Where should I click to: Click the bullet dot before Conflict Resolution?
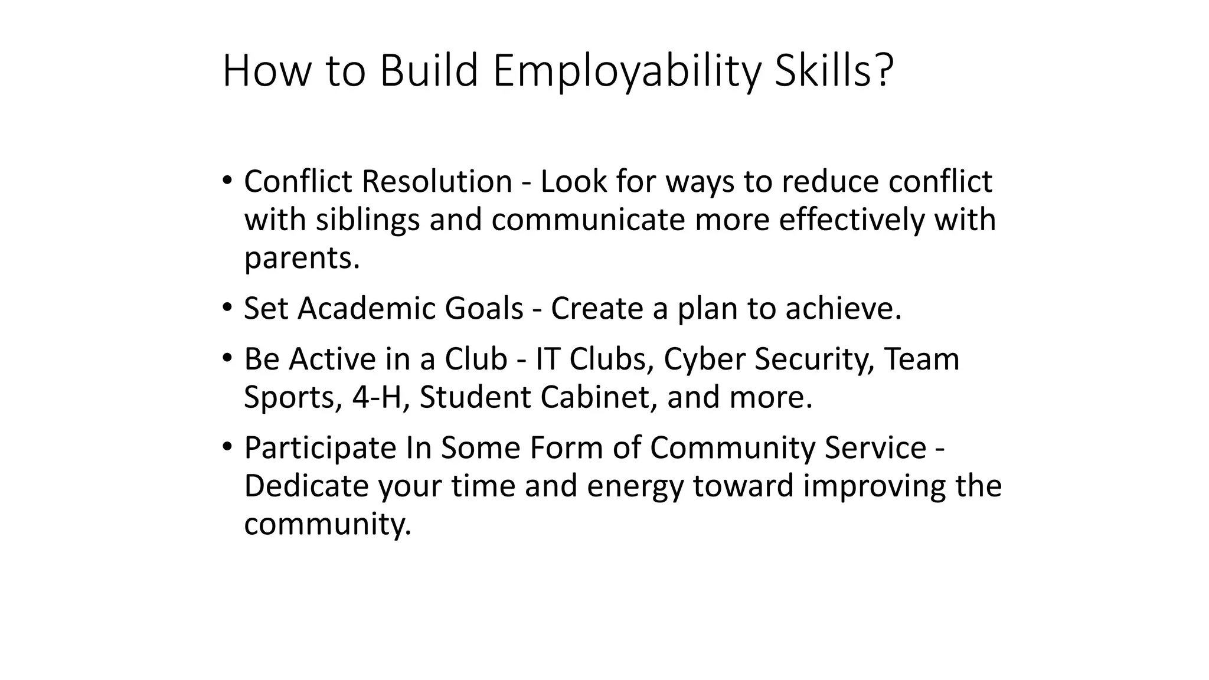click(x=227, y=179)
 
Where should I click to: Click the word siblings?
click(x=367, y=220)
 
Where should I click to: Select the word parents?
click(x=302, y=258)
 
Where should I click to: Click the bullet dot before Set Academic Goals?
click(x=227, y=307)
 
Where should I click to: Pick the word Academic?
click(x=366, y=308)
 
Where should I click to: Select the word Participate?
click(x=320, y=448)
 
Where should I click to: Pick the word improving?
click(x=873, y=486)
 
